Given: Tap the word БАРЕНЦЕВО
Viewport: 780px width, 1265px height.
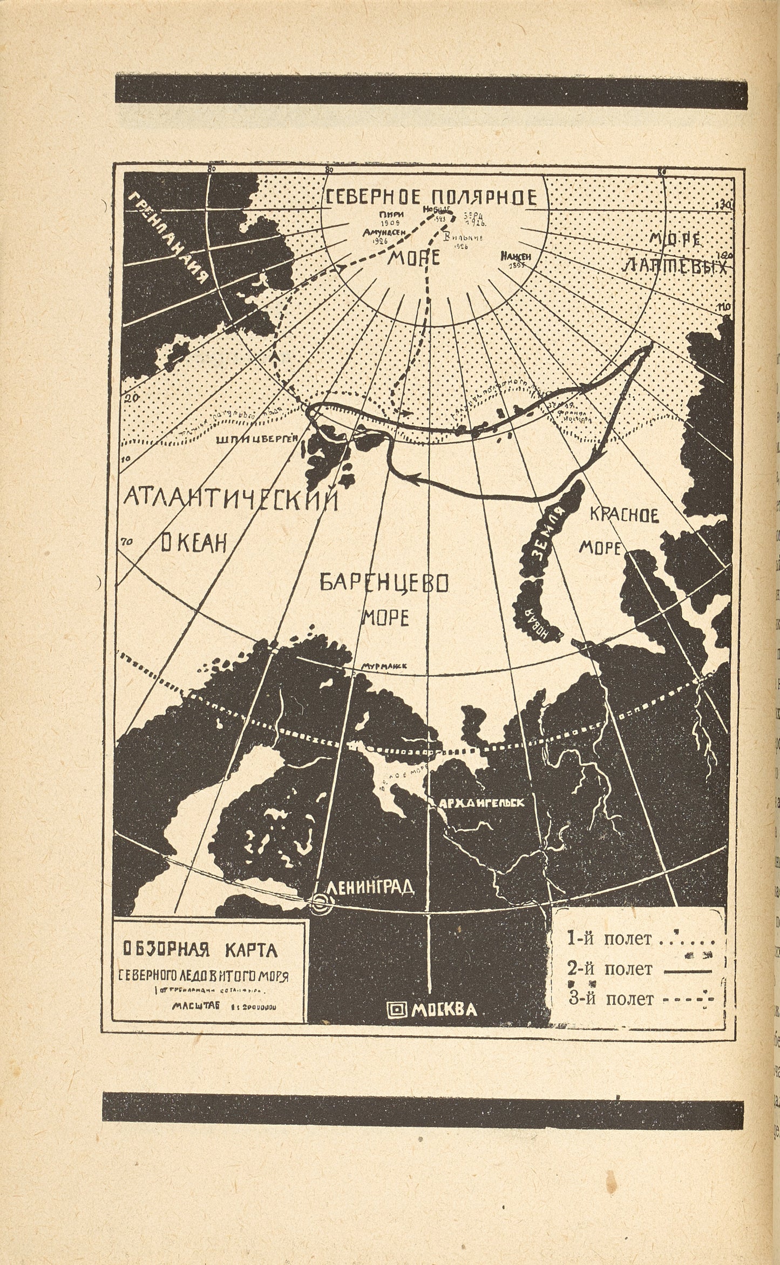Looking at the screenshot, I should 385,583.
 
